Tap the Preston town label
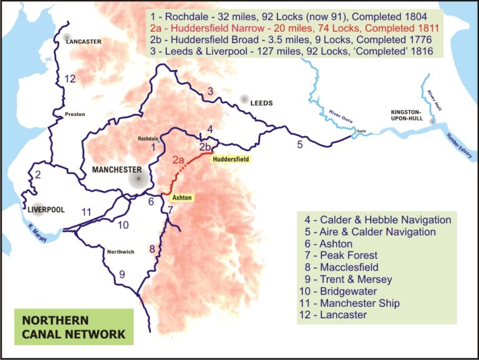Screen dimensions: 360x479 point(75,114)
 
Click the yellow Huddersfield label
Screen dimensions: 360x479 point(231,160)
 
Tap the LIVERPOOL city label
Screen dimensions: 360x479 point(45,209)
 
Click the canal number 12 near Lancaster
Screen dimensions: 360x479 point(70,79)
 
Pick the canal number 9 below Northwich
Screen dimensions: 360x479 point(122,274)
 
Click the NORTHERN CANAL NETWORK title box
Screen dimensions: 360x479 point(74,326)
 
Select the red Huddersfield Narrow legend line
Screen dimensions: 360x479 point(293,28)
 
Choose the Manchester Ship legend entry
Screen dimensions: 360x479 point(360,303)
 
